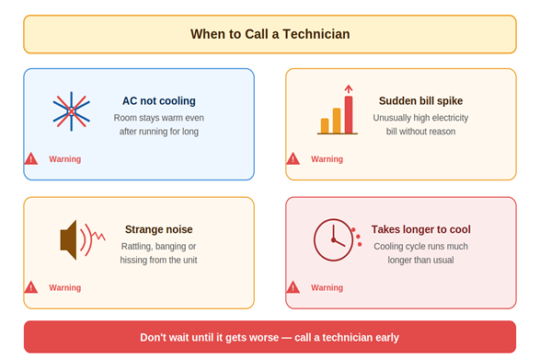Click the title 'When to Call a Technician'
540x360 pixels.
coord(270,34)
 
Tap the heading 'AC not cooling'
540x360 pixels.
coord(159,101)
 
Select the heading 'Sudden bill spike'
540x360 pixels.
coord(420,101)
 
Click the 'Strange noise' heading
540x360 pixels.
coord(159,229)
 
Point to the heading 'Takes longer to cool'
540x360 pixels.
coord(420,229)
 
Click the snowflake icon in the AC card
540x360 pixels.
coord(71,111)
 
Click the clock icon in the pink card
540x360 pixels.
coord(333,240)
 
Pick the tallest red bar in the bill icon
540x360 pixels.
coord(349,113)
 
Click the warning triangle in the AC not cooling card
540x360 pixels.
coord(31,159)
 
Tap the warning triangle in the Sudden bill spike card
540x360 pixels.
coord(293,159)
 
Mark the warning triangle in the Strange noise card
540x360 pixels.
coord(31,287)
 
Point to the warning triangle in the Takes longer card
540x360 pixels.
coord(293,287)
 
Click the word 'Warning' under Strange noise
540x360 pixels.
coord(65,287)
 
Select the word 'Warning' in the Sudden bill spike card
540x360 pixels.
coord(327,159)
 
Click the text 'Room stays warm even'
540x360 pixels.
coord(159,118)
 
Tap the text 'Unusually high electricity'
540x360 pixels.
coord(420,118)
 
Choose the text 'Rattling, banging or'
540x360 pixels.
coord(159,246)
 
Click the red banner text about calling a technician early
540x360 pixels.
coord(270,337)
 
